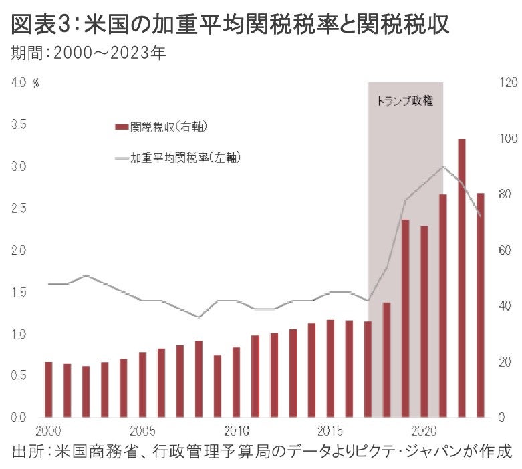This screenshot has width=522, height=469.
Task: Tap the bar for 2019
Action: point(405,318)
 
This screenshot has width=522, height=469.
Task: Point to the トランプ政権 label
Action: point(405,101)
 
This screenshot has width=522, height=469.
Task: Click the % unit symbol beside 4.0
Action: point(36,83)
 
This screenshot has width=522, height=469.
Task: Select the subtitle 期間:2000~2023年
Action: point(88,53)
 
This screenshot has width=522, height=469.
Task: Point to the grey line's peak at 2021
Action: point(442,166)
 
